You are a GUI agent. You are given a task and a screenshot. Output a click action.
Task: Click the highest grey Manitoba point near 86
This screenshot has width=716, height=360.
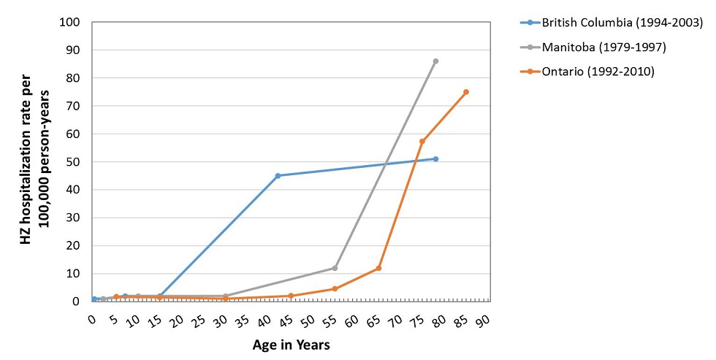(435, 61)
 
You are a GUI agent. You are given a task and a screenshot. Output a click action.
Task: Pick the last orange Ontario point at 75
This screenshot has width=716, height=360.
(466, 92)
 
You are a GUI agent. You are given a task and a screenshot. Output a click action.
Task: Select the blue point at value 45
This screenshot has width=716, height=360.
(278, 175)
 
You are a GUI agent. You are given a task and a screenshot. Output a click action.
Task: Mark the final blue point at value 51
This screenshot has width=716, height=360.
(435, 158)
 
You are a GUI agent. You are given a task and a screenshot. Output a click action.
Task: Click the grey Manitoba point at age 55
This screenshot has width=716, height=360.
(335, 268)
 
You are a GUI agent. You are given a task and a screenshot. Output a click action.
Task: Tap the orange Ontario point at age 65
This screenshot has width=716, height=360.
(378, 268)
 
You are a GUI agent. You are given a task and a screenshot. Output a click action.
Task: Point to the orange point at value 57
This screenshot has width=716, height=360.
(422, 141)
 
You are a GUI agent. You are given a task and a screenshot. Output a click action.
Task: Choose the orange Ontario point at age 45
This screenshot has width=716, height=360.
(291, 296)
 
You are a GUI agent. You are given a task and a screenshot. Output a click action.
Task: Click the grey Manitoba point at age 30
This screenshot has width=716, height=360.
(225, 296)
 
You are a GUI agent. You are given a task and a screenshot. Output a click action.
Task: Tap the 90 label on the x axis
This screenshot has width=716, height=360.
(483, 321)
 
